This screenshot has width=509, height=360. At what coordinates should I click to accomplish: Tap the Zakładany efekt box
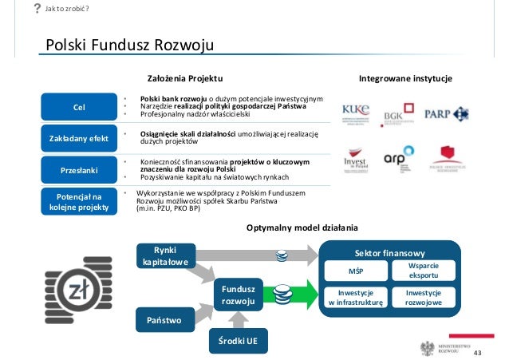click(x=79, y=138)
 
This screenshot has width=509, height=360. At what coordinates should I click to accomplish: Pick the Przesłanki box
click(x=79, y=169)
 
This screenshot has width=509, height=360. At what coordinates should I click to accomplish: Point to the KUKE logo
click(x=357, y=111)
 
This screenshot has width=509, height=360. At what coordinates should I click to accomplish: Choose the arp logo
click(x=398, y=156)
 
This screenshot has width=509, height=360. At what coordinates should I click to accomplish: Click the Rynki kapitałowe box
click(x=165, y=255)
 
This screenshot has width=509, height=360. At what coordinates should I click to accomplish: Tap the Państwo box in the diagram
click(x=164, y=320)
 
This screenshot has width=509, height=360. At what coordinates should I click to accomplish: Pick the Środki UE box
click(x=239, y=341)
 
